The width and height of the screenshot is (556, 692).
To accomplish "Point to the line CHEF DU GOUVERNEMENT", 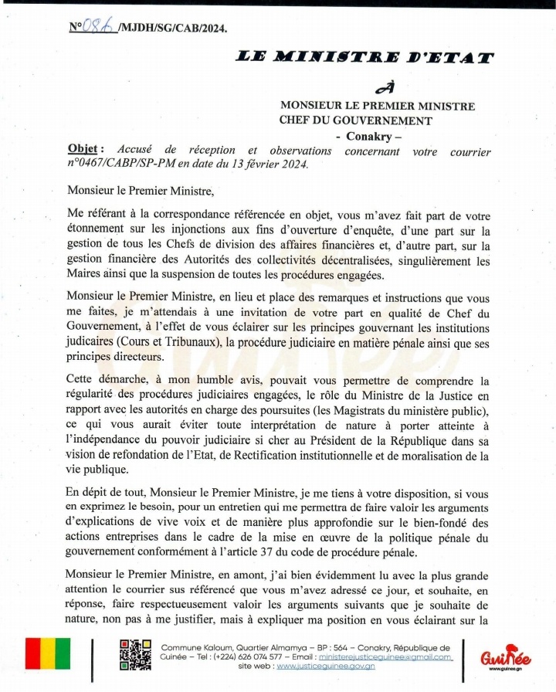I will tap(356, 120).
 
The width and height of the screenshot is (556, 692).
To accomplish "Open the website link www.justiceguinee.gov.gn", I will tap(325, 666).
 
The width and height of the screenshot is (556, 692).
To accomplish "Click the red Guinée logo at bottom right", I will tap(504, 657).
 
